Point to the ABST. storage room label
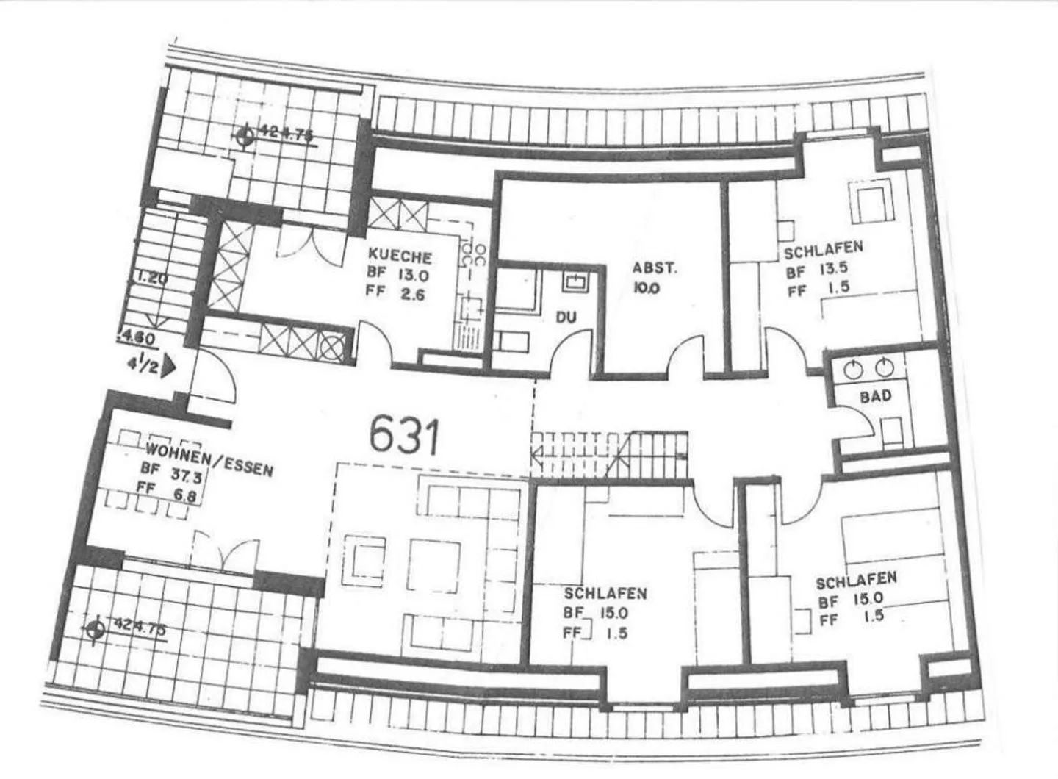click(655, 268)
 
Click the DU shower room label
click(566, 317)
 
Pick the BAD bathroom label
click(875, 395)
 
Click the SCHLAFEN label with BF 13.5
click(823, 251)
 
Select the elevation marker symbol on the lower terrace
click(94, 631)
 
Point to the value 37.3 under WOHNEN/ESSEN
click(189, 475)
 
